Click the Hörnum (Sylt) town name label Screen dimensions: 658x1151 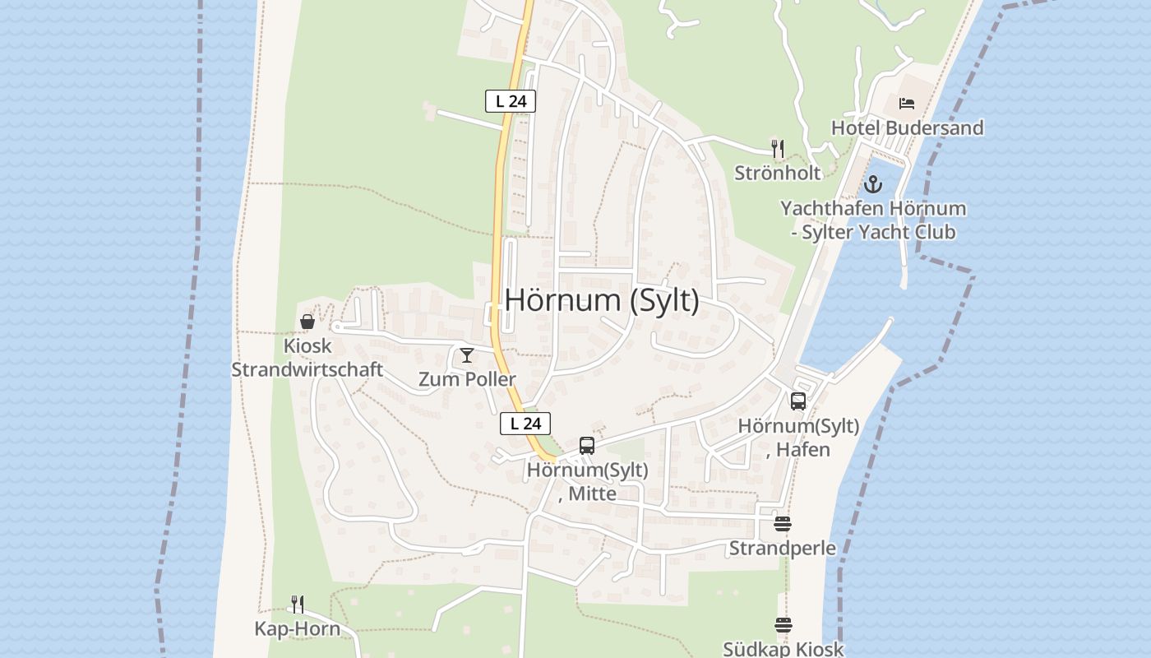(x=602, y=301)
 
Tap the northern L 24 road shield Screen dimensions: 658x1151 (x=511, y=101)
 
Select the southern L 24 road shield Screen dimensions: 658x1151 (x=525, y=424)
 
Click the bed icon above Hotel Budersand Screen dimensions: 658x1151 (x=907, y=104)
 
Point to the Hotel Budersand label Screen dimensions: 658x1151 (x=907, y=128)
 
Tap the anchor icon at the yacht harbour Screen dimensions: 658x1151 (x=873, y=184)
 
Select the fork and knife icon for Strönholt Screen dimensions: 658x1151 (x=778, y=149)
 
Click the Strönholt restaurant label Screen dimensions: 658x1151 (x=778, y=173)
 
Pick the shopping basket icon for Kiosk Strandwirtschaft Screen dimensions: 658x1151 (x=307, y=322)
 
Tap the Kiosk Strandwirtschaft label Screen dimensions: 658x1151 (x=307, y=358)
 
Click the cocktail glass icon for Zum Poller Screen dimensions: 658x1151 (x=467, y=355)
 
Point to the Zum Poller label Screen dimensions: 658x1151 (x=467, y=379)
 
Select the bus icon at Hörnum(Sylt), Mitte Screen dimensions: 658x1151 (x=587, y=446)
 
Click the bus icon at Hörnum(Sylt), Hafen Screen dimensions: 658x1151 (x=798, y=401)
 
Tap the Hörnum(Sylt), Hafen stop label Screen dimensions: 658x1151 (x=798, y=438)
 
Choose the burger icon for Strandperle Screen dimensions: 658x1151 (x=783, y=524)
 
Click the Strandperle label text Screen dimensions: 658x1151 (x=783, y=549)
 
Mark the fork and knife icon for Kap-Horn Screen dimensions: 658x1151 (x=298, y=605)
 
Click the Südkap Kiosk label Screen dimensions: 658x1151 (x=783, y=649)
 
